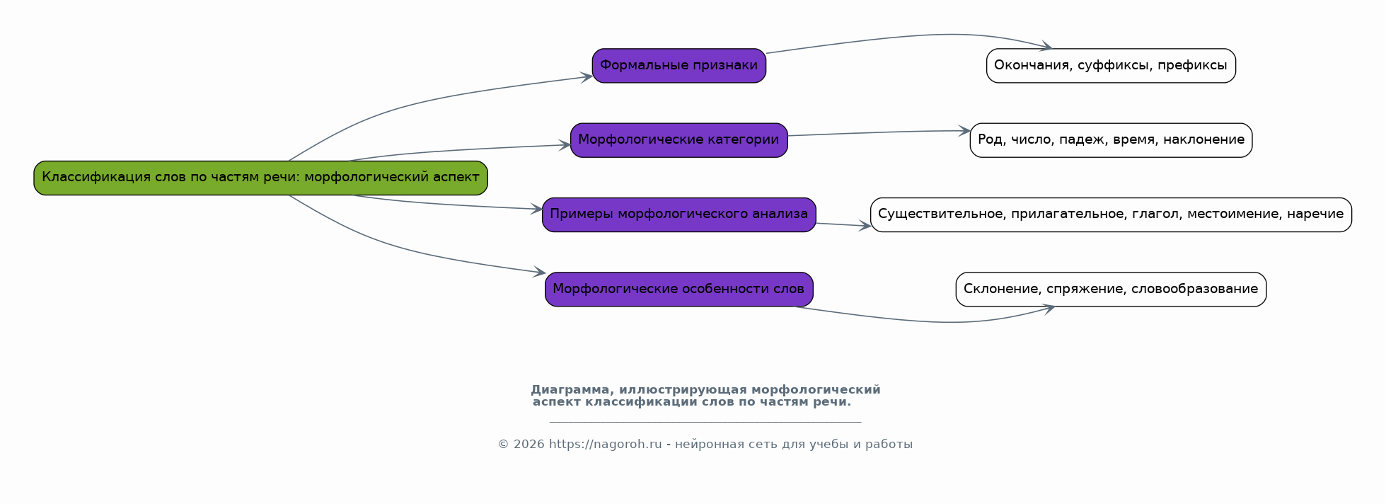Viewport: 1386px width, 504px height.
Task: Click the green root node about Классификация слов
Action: click(260, 178)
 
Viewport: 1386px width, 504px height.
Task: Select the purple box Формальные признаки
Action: click(678, 66)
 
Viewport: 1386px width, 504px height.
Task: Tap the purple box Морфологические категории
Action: click(678, 140)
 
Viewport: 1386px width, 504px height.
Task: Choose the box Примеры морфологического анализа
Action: click(678, 214)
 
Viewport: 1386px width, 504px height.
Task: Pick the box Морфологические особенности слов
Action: click(678, 290)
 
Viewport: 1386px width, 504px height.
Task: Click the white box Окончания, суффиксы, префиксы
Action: click(1111, 66)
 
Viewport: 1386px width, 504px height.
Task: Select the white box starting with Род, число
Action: click(1111, 140)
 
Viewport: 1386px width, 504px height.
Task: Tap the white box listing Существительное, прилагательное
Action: click(1111, 214)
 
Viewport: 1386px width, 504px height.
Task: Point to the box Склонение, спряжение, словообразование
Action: click(1111, 290)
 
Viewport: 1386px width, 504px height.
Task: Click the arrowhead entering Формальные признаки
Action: click(587, 77)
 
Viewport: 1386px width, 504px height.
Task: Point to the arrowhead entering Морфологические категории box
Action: click(565, 145)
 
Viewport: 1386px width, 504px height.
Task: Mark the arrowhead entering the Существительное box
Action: click(865, 227)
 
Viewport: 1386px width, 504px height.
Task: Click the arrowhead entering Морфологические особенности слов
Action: click(540, 272)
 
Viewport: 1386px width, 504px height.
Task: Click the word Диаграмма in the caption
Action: click(570, 390)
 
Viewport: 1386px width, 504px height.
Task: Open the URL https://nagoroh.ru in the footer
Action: click(605, 445)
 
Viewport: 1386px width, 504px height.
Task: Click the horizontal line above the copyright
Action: click(705, 423)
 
